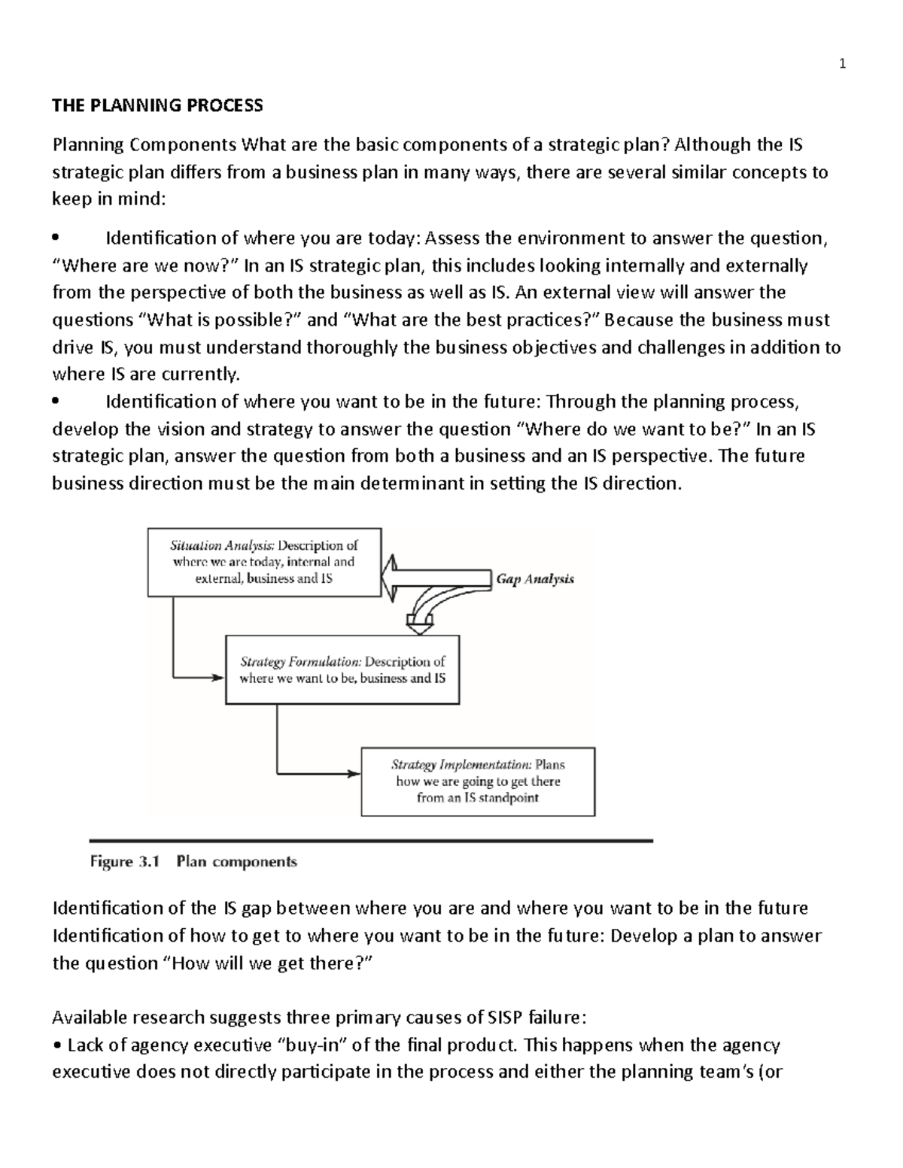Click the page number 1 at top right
[x=843, y=64]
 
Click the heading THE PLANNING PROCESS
[x=157, y=105]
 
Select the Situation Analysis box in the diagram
[x=264, y=562]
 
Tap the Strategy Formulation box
[x=342, y=669]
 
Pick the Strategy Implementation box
[x=478, y=781]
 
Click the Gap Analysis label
[x=535, y=579]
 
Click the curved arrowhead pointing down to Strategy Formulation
[x=419, y=621]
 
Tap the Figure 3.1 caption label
[x=125, y=862]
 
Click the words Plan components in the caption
[x=236, y=862]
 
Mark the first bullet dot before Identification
[x=56, y=239]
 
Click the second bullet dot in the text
[x=56, y=402]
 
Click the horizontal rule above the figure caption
[x=370, y=840]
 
